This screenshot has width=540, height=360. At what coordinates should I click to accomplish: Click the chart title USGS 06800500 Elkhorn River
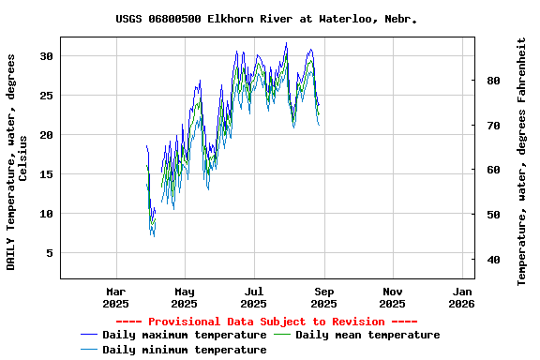267,19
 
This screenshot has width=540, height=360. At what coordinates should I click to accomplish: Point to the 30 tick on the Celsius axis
45,56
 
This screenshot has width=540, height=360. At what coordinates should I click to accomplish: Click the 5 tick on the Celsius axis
49,253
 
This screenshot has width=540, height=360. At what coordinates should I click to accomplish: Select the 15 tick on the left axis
45,174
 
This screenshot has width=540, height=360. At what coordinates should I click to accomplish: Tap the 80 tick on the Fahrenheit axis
493,81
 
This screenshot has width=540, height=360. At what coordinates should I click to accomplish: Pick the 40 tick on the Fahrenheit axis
493,260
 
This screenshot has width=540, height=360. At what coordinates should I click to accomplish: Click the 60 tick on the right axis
493,170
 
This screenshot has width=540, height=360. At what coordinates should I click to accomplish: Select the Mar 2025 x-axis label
115,297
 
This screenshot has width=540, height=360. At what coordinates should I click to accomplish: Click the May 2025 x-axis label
185,297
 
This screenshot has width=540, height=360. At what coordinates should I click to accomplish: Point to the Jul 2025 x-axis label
254,297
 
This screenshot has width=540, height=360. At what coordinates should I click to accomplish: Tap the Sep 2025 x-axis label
323,297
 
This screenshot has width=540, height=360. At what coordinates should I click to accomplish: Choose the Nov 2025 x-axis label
393,297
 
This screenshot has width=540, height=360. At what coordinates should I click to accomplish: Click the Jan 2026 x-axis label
461,297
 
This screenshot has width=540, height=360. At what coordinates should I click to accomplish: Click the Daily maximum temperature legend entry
184,335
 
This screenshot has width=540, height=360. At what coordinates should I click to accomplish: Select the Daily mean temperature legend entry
367,335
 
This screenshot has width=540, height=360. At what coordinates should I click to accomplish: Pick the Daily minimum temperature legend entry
184,350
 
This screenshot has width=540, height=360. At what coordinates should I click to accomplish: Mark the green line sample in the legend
282,335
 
